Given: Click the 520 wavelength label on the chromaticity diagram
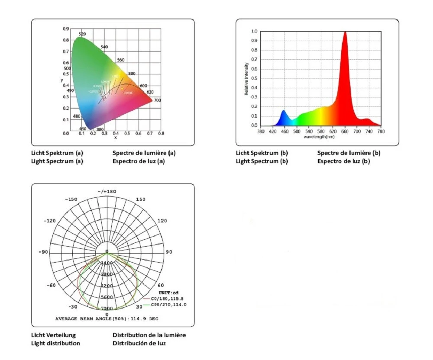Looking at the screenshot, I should [82, 34].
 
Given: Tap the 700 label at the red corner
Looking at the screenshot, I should [157, 100].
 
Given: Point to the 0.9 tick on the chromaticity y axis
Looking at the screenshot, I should [66, 29].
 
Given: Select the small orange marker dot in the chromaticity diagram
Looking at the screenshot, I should [122, 89].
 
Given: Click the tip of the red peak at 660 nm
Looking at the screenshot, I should [345, 32].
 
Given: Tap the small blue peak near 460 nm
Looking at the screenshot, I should [284, 111].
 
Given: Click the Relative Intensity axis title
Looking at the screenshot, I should [246, 79].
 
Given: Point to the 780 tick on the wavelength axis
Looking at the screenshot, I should [381, 131].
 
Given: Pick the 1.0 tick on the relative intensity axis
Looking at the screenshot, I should [254, 32].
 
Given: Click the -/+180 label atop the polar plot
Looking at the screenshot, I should [107, 191].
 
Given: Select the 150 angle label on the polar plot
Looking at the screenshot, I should [140, 199].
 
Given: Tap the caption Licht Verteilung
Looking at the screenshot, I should [53, 335].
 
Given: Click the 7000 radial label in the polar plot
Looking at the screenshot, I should [107, 309].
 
